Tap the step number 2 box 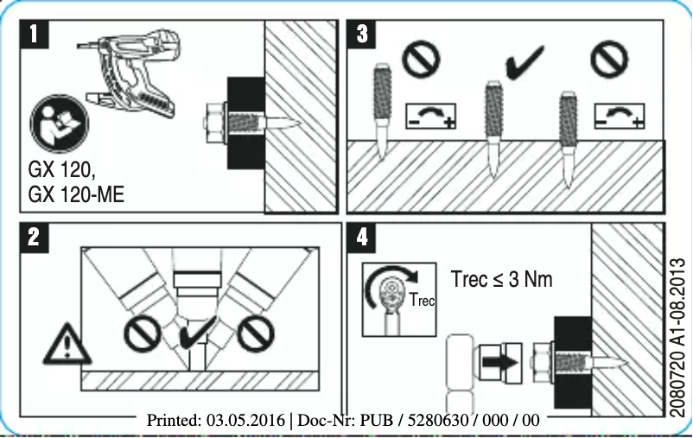pos(32,239)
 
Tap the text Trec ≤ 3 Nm pos(501,279)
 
